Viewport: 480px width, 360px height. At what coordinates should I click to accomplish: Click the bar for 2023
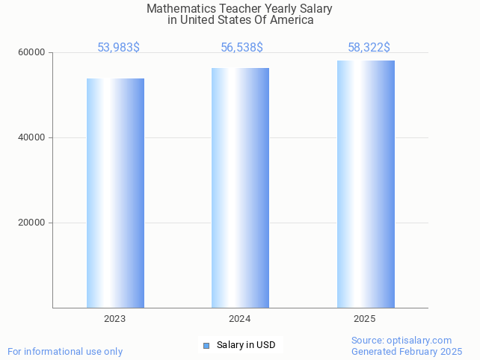[115, 193]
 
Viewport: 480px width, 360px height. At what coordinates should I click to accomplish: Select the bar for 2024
[240, 187]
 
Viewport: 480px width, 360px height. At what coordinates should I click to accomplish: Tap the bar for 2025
[366, 184]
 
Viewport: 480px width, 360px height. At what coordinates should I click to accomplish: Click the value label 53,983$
[118, 48]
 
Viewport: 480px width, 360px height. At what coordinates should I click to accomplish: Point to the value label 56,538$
[241, 48]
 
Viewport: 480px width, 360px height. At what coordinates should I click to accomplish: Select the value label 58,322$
[369, 48]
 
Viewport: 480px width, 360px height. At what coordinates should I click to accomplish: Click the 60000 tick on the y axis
[32, 53]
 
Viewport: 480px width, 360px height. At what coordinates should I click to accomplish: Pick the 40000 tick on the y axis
[32, 137]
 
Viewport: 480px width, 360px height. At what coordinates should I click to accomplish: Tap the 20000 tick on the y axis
[32, 223]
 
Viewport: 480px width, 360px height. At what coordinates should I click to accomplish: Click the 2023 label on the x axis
[115, 319]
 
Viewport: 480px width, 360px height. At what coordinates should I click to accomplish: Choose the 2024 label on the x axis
[240, 319]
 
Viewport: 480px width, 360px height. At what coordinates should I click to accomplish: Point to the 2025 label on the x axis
[365, 319]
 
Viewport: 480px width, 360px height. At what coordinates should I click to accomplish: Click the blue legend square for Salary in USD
[207, 345]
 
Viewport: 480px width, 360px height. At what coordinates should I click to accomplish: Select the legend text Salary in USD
[246, 345]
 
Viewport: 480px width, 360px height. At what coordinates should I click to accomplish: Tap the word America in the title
[292, 20]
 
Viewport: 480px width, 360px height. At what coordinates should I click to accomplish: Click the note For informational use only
[65, 351]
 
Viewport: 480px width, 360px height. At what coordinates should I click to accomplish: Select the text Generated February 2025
[407, 351]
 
